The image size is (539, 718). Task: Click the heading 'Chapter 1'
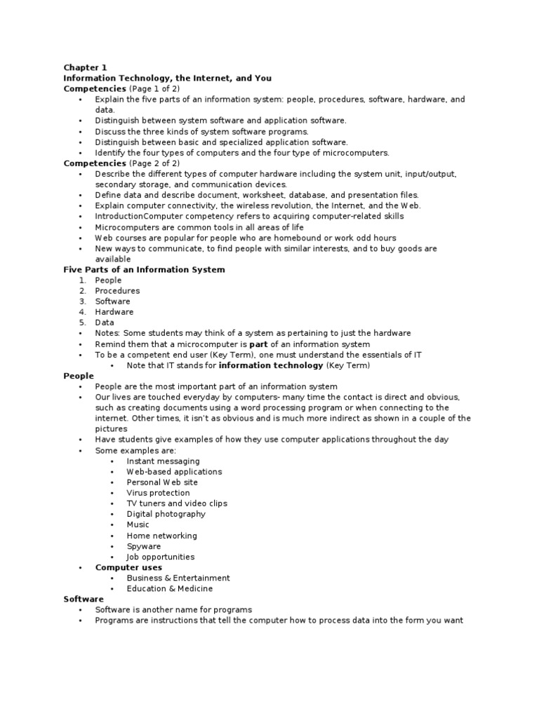(x=85, y=67)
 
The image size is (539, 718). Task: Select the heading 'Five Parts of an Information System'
(x=144, y=269)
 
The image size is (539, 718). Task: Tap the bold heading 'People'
(x=79, y=376)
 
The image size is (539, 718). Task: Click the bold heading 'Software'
(x=84, y=599)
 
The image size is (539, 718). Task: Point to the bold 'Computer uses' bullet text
(x=128, y=567)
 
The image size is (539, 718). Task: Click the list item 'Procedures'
(x=117, y=290)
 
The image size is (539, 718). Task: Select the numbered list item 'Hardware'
(x=114, y=312)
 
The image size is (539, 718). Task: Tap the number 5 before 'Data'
(x=81, y=323)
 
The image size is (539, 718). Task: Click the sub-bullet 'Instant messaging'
(x=163, y=461)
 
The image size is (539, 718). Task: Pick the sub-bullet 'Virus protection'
(x=158, y=493)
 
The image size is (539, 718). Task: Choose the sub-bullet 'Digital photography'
(x=166, y=514)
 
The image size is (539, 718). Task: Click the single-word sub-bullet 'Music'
(x=138, y=524)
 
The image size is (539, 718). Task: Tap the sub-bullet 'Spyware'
(x=143, y=546)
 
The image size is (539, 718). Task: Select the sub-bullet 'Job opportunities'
(x=161, y=557)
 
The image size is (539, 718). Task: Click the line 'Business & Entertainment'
(x=178, y=578)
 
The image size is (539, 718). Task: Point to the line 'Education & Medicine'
(x=169, y=588)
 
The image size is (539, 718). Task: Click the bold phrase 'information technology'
(x=271, y=365)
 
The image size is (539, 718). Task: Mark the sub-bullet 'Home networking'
(x=161, y=536)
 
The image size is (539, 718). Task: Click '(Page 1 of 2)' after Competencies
(x=154, y=89)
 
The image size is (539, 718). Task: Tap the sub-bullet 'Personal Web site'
(x=162, y=482)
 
